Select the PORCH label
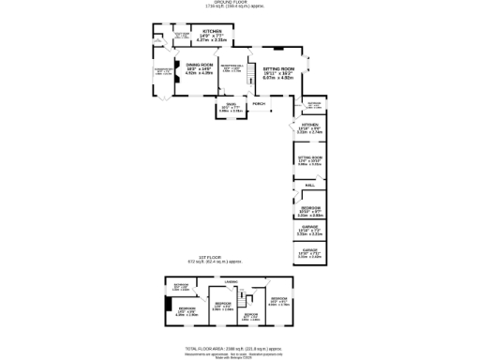click(x=259, y=103)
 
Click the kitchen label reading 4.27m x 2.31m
click(x=212, y=40)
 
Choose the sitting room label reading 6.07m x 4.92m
click(x=278, y=78)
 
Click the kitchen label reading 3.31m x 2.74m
click(x=309, y=132)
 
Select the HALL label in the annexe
click(x=309, y=186)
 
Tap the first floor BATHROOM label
click(x=182, y=286)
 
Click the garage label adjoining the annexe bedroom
click(x=309, y=229)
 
